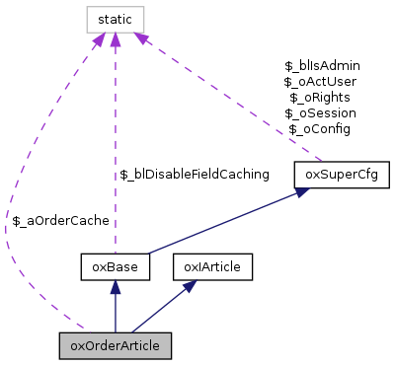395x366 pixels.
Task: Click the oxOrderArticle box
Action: pyautogui.click(x=116, y=345)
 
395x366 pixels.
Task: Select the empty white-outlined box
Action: pyautogui.click(x=116, y=20)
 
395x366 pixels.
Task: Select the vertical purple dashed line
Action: pyautogui.click(x=116, y=148)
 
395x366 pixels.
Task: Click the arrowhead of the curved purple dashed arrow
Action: pyautogui.click(x=98, y=41)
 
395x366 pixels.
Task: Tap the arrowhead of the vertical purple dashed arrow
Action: pyautogui.click(x=116, y=40)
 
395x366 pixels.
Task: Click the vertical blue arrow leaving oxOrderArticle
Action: pyautogui.click(x=116, y=311)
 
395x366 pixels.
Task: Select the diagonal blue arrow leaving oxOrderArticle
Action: pyautogui.click(x=158, y=310)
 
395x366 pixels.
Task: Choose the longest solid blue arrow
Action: pyautogui.click(x=227, y=222)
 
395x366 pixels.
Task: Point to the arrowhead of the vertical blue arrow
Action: pyautogui.click(x=116, y=287)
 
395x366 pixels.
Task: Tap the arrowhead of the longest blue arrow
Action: pyautogui.click(x=303, y=191)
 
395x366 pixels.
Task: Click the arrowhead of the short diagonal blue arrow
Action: pyautogui.click(x=190, y=285)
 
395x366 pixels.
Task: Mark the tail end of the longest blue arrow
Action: pyautogui.click(x=148, y=254)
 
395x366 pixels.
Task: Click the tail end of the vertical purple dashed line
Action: pyautogui.click(x=116, y=253)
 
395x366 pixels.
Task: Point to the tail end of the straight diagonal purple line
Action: pyautogui.click(x=322, y=161)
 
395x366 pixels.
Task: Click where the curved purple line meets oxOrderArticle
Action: pyautogui.click(x=85, y=331)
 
